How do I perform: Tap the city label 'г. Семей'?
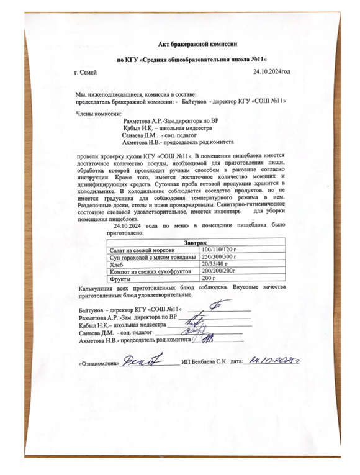pyautogui.click(x=86, y=73)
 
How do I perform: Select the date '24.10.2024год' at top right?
pyautogui.click(x=272, y=73)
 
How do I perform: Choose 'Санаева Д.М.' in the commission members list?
pyautogui.click(x=140, y=135)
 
